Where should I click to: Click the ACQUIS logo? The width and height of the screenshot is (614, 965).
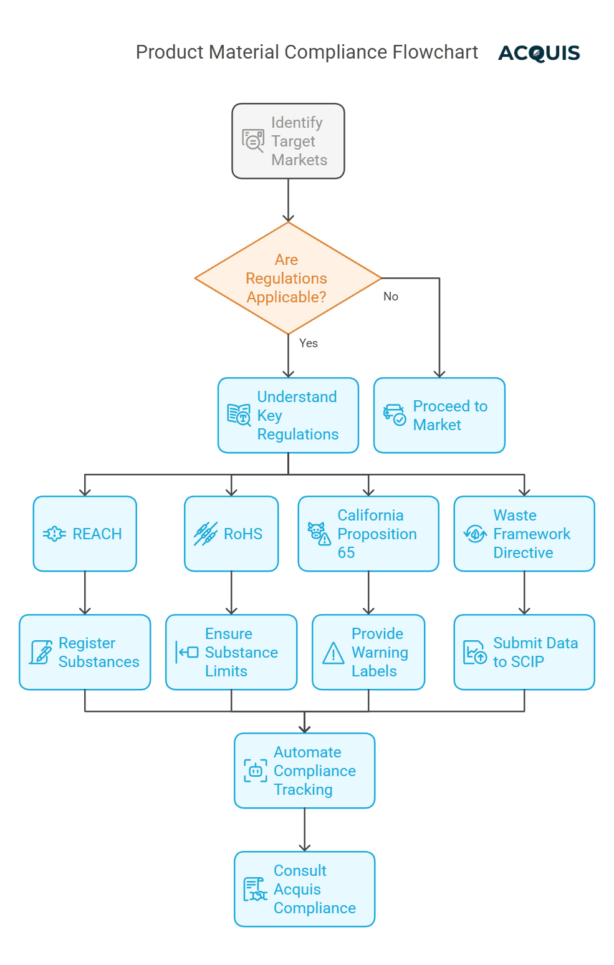[x=539, y=53]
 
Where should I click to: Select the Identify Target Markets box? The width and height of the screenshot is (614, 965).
[x=288, y=142]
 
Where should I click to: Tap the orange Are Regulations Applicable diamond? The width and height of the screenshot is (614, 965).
[x=287, y=278]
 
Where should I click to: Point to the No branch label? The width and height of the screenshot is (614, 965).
[x=391, y=297]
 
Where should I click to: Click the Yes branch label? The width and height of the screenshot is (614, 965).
[x=309, y=343]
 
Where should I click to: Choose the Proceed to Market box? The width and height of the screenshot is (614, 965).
[x=439, y=415]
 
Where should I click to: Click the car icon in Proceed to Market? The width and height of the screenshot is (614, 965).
[x=394, y=415]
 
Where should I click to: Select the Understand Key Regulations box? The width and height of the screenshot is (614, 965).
[x=288, y=415]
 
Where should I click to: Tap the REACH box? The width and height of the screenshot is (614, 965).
[x=85, y=534]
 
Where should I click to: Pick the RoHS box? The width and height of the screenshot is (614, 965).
[x=231, y=534]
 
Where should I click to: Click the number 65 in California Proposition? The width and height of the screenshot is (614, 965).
[x=346, y=553]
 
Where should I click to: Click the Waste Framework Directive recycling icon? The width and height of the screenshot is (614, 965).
[x=475, y=534]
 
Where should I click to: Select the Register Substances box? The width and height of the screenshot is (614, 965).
[x=85, y=652]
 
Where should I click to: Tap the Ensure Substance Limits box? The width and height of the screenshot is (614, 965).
[x=231, y=652]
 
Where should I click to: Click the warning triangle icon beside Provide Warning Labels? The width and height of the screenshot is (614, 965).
[x=333, y=653]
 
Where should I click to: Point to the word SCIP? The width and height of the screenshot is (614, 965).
[x=527, y=662]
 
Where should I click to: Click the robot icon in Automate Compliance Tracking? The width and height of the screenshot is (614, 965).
[x=255, y=771]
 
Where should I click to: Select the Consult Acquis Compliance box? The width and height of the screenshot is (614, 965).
[x=304, y=889]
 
